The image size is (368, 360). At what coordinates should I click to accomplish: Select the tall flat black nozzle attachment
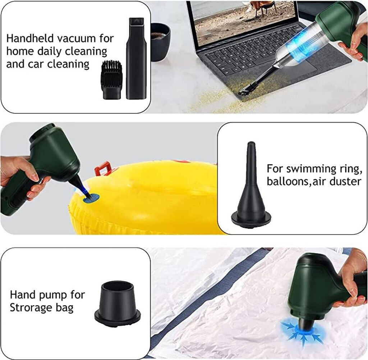tap(136, 58)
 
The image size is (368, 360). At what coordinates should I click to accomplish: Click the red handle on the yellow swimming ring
tap(102, 168)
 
